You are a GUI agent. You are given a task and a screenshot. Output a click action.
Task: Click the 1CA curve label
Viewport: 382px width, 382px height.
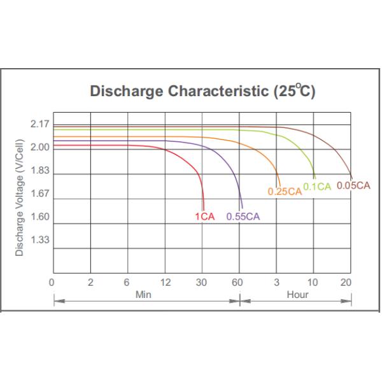(x=204, y=216)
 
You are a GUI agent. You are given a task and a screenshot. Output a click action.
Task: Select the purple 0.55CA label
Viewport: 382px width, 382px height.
(x=243, y=216)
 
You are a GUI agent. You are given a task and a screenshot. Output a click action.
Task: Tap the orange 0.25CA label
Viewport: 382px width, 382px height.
(x=284, y=191)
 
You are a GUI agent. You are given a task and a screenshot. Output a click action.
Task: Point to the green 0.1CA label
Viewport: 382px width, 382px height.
(x=317, y=187)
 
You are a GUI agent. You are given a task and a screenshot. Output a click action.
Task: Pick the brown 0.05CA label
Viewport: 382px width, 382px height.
(x=353, y=185)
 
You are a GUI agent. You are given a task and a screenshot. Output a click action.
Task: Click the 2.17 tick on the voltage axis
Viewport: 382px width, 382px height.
(x=39, y=124)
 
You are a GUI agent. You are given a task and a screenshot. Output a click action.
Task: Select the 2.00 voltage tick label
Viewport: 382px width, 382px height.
(x=39, y=147)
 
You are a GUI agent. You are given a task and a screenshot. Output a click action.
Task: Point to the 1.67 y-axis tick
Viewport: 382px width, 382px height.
(x=39, y=194)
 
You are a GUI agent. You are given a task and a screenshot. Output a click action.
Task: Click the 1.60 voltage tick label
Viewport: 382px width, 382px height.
(x=39, y=216)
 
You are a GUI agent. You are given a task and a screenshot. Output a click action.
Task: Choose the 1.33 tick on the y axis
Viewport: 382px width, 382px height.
(x=39, y=240)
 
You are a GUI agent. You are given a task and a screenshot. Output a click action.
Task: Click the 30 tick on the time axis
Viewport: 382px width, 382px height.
(x=202, y=282)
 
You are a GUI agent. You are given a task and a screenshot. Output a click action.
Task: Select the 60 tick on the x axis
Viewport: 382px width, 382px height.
(x=240, y=282)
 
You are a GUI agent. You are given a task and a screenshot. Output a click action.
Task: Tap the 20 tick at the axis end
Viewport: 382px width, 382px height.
(x=346, y=282)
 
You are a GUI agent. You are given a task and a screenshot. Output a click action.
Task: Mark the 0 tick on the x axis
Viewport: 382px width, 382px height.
(x=52, y=282)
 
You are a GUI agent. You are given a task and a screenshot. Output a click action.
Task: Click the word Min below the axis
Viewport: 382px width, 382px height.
(x=143, y=295)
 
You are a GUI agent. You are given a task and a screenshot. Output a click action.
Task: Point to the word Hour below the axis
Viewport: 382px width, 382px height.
(x=297, y=295)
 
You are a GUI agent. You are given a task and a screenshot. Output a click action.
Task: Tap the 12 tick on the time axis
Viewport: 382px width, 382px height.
(x=165, y=282)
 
